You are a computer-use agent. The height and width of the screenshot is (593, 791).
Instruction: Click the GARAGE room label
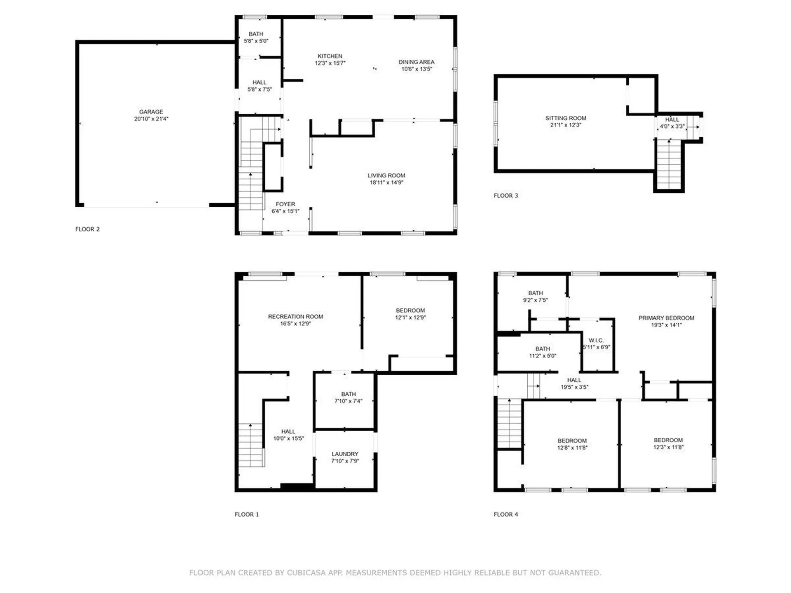[151, 112]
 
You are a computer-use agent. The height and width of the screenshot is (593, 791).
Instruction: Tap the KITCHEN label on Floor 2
[330, 56]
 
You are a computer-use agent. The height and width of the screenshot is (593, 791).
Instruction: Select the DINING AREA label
[417, 62]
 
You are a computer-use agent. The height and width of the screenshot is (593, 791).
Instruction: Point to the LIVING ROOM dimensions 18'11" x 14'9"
[386, 182]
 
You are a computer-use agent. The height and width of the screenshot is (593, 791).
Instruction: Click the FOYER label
[286, 204]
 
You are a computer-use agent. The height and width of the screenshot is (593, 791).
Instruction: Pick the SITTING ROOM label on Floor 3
[566, 118]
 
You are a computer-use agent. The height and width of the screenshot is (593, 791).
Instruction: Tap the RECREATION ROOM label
[295, 317]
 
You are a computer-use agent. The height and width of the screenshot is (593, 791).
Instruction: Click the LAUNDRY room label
[345, 454]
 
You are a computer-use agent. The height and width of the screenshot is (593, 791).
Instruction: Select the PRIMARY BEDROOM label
[667, 318]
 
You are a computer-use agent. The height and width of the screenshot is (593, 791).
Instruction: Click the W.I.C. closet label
[596, 340]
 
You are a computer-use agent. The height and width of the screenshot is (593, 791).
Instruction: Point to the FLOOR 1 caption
[247, 514]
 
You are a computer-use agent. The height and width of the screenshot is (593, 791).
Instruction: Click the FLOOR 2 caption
[87, 229]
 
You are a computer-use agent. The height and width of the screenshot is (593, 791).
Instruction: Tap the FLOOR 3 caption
[506, 196]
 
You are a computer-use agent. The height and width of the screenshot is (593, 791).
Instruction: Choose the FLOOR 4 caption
[506, 514]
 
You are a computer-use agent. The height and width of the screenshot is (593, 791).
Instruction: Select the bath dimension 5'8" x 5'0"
[256, 41]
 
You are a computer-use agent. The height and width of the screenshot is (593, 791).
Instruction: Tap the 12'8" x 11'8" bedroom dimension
[572, 448]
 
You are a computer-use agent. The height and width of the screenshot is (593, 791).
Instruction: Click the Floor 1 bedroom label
[410, 311]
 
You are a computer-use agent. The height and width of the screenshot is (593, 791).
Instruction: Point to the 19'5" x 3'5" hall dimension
[574, 387]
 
